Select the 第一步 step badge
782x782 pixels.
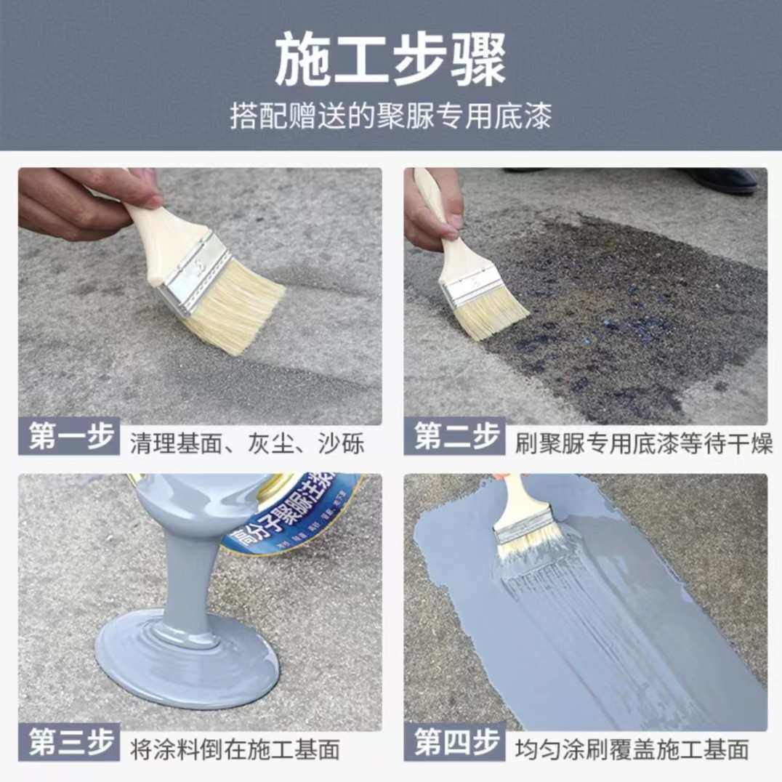click(70, 438)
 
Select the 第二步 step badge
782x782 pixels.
click(456, 438)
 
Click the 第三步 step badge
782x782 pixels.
click(70, 743)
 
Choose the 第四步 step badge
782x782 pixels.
click(456, 743)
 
